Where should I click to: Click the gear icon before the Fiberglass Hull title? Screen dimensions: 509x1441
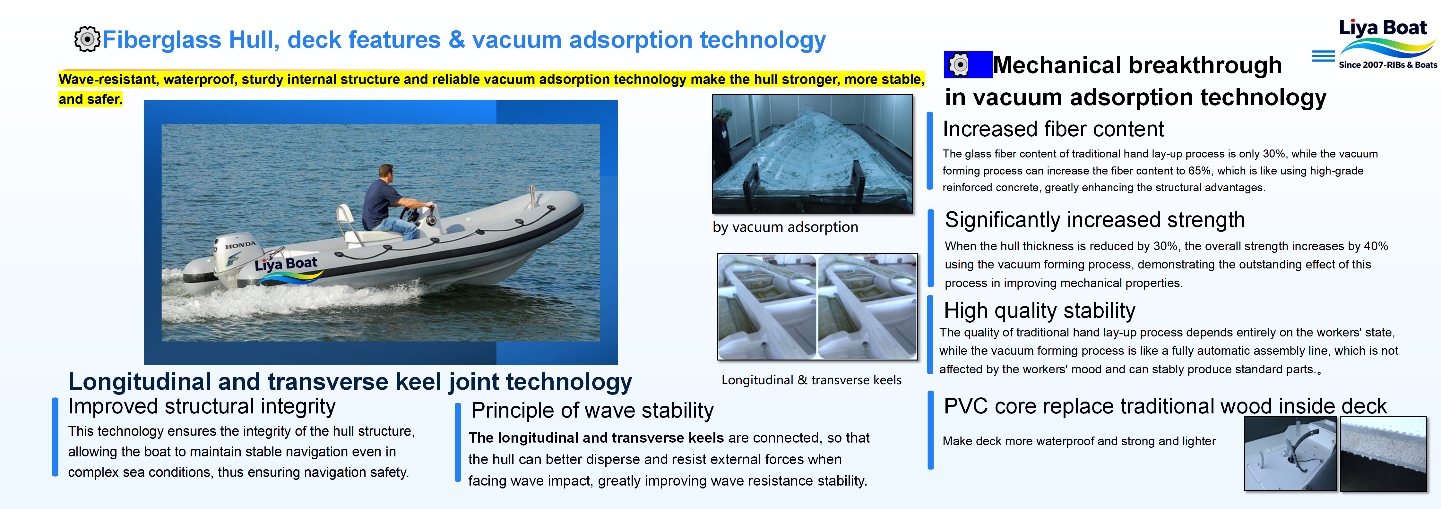87,39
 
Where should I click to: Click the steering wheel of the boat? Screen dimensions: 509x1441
411,214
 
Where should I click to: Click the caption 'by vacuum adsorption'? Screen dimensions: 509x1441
785,227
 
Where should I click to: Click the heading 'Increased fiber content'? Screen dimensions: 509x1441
1053,129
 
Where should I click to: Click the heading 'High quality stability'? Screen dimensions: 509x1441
1040,310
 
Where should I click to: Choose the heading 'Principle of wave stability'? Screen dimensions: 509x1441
592,411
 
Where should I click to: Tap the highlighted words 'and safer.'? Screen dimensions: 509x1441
90,99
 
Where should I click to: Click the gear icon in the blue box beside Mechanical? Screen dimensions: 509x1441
959,65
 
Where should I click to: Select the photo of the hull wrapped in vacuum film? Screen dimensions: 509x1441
812,154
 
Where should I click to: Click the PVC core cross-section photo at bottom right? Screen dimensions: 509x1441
1383,454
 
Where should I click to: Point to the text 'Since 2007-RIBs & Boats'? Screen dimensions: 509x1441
1387,65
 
